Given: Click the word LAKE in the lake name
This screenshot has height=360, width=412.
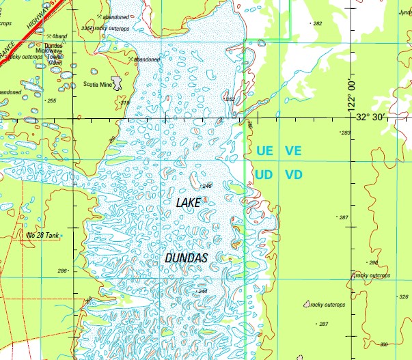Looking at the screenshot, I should [x=189, y=203].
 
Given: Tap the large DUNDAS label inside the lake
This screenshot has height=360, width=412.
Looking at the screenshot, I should [x=187, y=257].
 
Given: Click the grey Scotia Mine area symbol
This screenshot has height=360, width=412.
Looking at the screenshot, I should [x=118, y=83].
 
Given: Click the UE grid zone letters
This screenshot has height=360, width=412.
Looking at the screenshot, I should [x=264, y=150].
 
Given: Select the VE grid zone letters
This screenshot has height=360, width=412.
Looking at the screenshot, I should [x=293, y=150].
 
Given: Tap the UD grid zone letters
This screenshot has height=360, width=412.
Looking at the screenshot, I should [x=264, y=175].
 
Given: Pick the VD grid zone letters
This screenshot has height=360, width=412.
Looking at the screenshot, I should [x=293, y=175].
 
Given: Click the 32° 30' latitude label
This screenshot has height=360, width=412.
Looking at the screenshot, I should [x=387, y=117].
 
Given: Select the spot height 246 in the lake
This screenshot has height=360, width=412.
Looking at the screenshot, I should [x=207, y=186].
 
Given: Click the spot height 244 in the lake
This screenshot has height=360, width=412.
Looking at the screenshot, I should [x=202, y=292].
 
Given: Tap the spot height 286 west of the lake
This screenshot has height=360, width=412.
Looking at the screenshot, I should [x=62, y=271].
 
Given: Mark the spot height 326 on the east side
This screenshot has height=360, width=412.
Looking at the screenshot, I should [x=404, y=296].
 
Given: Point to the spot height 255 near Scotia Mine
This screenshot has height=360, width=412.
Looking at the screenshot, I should [x=51, y=101].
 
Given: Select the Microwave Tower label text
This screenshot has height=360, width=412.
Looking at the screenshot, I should [x=48, y=51].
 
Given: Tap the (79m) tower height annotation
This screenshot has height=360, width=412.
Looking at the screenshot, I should [x=55, y=63].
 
